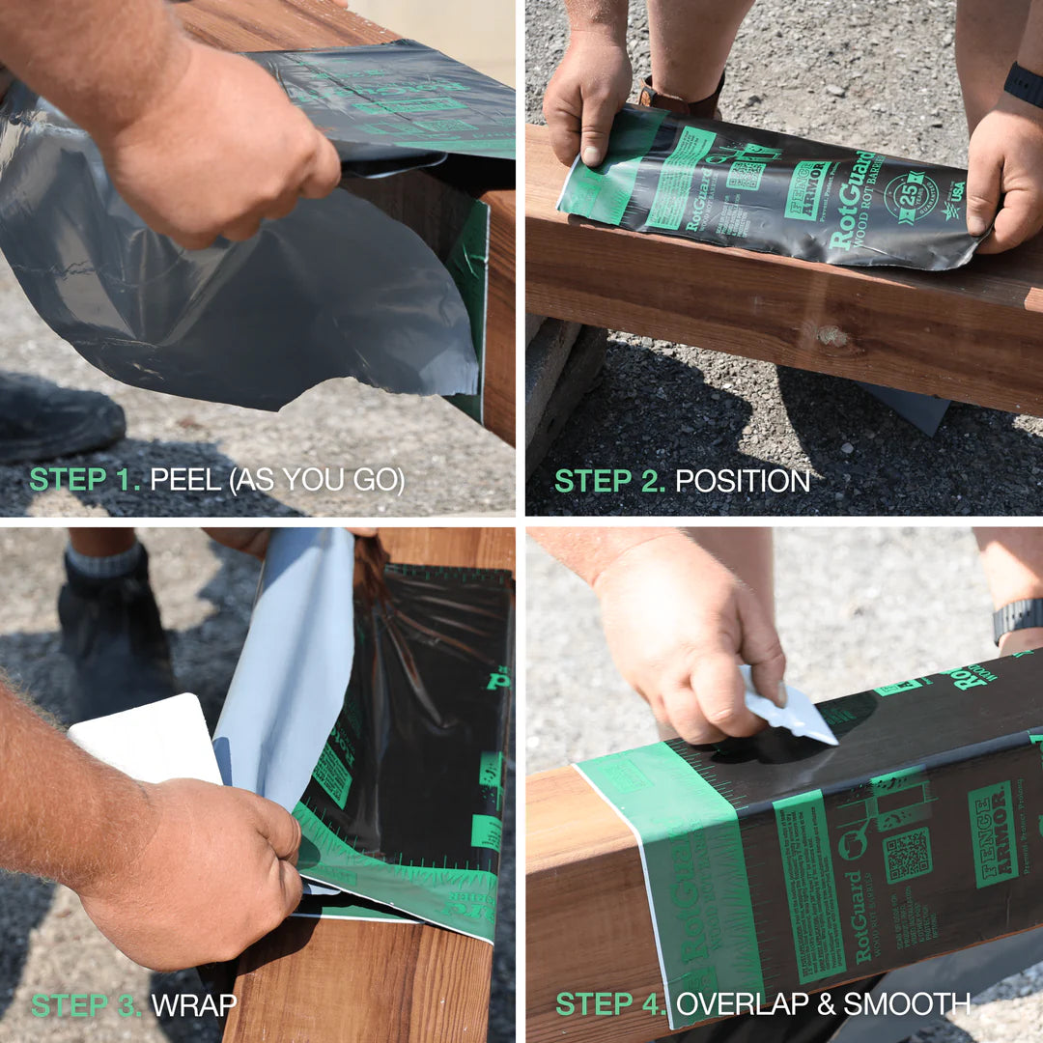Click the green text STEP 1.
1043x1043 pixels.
click(x=84, y=480)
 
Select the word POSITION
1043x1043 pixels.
click(x=742, y=480)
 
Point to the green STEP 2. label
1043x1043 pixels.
click(x=609, y=480)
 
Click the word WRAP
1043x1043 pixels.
click(x=194, y=1004)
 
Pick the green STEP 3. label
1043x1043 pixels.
click(x=86, y=1004)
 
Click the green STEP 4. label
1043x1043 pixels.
click(x=610, y=1004)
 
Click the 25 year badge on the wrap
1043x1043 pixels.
click(x=904, y=191)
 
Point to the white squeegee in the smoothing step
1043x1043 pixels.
click(x=790, y=708)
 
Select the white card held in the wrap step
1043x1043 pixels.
click(x=145, y=739)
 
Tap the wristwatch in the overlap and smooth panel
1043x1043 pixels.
click(x=1018, y=618)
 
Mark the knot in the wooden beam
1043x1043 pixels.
click(x=829, y=335)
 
